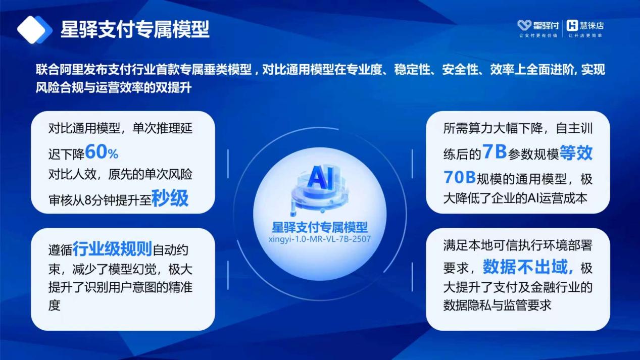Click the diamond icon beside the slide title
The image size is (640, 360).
pyautogui.click(x=34, y=30)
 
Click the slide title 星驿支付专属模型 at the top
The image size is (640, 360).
pyautogui.click(x=135, y=29)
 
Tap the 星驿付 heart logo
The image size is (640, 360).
pyautogui.click(x=524, y=25)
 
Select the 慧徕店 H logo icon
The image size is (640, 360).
pyautogui.click(x=572, y=25)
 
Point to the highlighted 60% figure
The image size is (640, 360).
pyautogui.click(x=102, y=152)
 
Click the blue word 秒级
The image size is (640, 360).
pyautogui.click(x=170, y=198)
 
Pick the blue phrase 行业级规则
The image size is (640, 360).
pyautogui.click(x=112, y=248)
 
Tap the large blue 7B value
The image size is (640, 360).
pyautogui.click(x=495, y=151)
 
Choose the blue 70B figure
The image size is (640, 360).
pyautogui.click(x=460, y=177)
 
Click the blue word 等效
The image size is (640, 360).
pyautogui.click(x=576, y=152)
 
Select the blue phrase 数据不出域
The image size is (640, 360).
pyautogui.click(x=528, y=267)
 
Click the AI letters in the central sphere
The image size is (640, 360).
pyautogui.click(x=320, y=178)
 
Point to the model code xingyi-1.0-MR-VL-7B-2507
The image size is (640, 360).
pyautogui.click(x=320, y=239)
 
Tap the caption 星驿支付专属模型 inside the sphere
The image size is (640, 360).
pyautogui.click(x=320, y=227)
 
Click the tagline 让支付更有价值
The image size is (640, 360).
pyautogui.click(x=538, y=36)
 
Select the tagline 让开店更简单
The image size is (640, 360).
pyautogui.click(x=585, y=36)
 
